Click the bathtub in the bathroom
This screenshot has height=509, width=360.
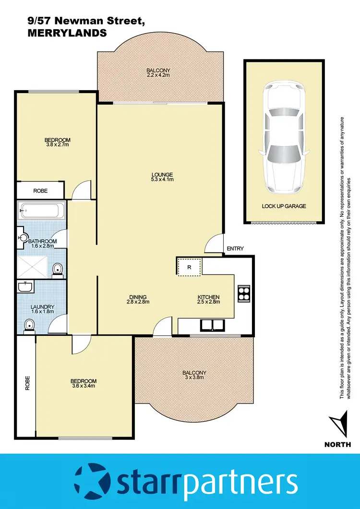[x=41, y=211]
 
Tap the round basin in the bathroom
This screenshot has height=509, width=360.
[x=23, y=237]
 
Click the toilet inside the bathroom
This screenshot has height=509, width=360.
[x=57, y=269]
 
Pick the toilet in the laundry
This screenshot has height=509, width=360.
[x=30, y=326]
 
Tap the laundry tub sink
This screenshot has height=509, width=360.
[x=25, y=287]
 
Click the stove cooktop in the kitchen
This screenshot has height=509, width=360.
[x=244, y=292]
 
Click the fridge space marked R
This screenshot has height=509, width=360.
[x=190, y=267]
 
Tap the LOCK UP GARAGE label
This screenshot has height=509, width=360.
[x=284, y=206]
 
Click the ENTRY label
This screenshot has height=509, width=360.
[x=236, y=249]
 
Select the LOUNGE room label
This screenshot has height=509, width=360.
[x=162, y=174]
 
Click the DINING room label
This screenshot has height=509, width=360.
[x=138, y=297]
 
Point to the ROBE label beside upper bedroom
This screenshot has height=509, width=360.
[x=40, y=191]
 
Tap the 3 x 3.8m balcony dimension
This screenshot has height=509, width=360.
[x=194, y=378]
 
